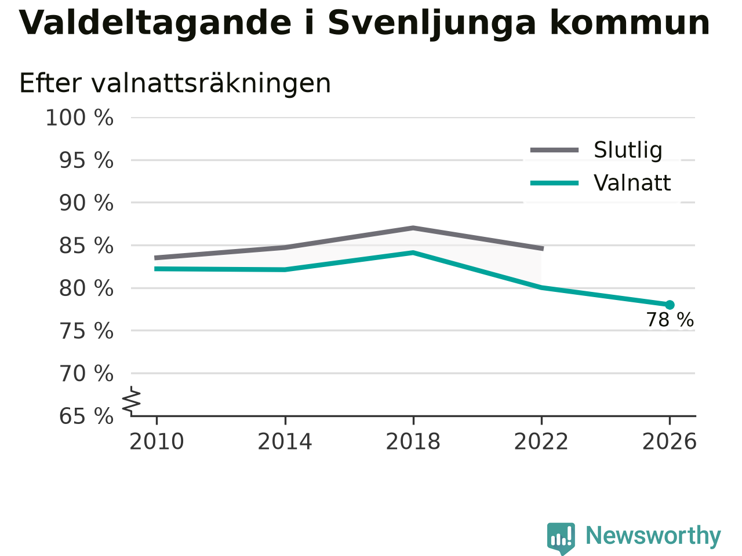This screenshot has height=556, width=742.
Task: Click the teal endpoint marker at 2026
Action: pos(670,305)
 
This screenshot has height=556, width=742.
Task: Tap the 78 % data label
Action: pos(670,320)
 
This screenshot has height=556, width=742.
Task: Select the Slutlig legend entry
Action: pos(595,150)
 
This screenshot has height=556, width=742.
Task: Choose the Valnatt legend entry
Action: pos(601,183)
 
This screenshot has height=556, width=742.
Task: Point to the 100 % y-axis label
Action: pos(79,118)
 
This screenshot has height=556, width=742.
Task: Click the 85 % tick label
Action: pos(86,246)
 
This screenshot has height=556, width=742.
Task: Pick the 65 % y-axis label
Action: pos(86,416)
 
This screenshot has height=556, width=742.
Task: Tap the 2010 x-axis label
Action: pos(157,441)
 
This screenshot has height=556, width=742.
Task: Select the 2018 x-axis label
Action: pos(413,441)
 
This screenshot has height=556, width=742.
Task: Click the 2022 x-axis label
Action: pos(541,441)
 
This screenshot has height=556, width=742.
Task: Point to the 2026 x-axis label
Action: pos(670,441)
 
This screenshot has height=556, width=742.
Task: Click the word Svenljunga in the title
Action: pos(432,24)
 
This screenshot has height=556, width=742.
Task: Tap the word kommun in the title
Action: pos(630,23)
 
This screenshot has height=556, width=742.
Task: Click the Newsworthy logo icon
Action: pos(561,538)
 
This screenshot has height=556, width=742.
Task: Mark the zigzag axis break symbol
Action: pos(132,401)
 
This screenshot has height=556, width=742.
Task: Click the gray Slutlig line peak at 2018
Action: pos(413,228)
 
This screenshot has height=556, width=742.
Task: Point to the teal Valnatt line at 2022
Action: pos(541,287)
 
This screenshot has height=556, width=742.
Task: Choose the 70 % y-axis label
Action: pos(86,374)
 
